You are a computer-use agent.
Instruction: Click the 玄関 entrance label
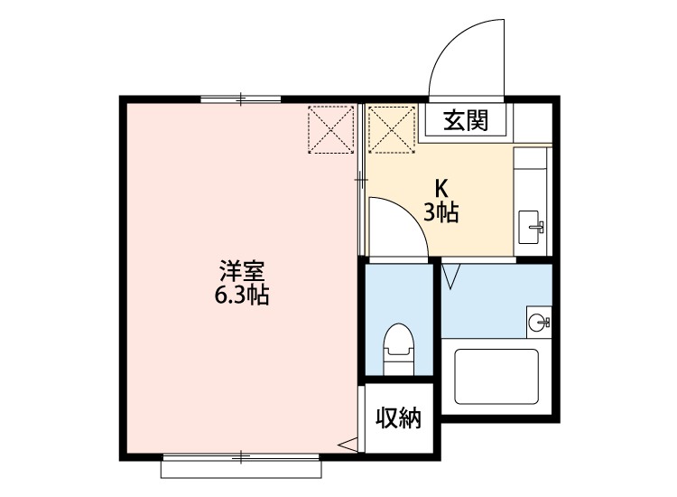[467, 120]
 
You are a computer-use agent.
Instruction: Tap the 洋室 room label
[242, 270]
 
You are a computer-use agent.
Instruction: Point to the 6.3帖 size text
[242, 295]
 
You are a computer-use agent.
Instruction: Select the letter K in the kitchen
[441, 188]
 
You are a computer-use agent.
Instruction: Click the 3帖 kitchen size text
[441, 212]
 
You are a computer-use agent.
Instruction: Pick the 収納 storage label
[398, 417]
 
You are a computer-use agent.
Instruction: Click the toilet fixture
[398, 349]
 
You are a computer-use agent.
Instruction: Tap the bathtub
[496, 377]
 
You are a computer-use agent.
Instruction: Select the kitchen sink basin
[529, 227]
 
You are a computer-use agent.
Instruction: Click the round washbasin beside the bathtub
[537, 322]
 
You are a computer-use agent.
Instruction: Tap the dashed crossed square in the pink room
[330, 129]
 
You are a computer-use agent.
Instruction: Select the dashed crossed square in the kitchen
[392, 129]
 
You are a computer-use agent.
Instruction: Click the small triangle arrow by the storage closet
[348, 445]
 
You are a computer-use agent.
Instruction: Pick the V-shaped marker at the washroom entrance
[451, 276]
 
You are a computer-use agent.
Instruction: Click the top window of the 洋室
[241, 99]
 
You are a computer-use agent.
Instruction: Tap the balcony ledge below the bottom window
[241, 469]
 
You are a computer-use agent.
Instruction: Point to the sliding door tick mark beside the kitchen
[361, 179]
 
